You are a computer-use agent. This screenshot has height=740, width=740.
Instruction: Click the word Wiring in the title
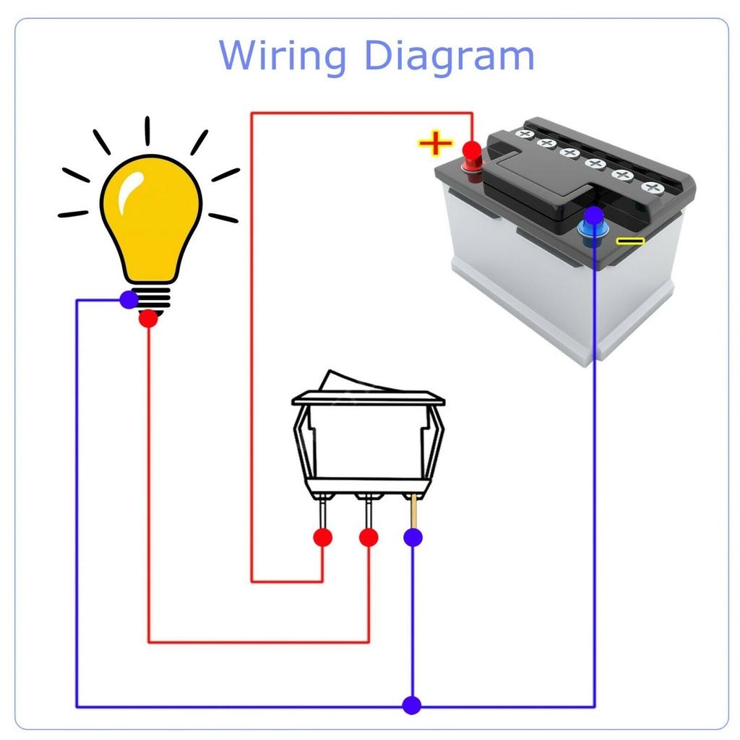pos(283,56)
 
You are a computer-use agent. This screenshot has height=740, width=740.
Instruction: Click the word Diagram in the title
pos(448,56)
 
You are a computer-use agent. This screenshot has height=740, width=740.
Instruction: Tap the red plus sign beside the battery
pos(435,143)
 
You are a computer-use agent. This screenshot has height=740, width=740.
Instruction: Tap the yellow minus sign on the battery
pos(630,241)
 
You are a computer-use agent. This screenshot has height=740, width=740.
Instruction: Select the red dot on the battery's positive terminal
pos(472,152)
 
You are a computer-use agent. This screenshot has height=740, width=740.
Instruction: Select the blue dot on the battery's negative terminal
pos(593,215)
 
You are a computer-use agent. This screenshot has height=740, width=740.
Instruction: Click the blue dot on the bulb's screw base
pos(129,299)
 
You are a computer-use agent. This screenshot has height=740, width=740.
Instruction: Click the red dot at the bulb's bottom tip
pos(148,318)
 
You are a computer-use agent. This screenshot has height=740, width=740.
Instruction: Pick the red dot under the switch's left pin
pos(322,537)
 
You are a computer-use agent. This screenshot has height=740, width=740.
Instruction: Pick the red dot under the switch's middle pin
pos(369,537)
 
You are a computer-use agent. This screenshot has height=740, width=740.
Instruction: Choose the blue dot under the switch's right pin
pos(413,537)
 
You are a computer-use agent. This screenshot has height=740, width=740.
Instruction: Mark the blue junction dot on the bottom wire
pos(412,705)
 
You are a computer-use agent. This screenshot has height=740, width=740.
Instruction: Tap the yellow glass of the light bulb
pos(150,217)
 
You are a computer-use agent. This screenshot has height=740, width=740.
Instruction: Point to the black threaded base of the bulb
pos(152,296)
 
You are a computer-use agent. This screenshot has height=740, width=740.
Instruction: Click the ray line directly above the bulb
pos(147,130)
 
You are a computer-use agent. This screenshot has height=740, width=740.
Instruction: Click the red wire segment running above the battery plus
pos(361,113)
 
